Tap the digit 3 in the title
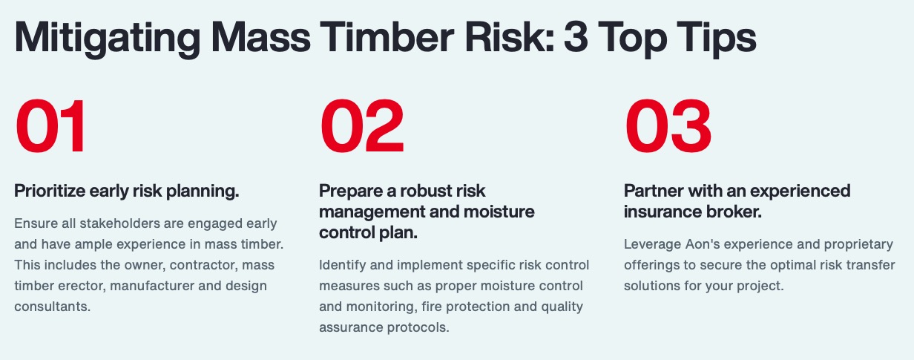[576, 37]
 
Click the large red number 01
[50, 125]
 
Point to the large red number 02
[362, 125]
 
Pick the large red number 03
[668, 125]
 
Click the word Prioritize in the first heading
[50, 191]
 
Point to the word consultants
[52, 307]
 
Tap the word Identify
[342, 265]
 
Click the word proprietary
[858, 245]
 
